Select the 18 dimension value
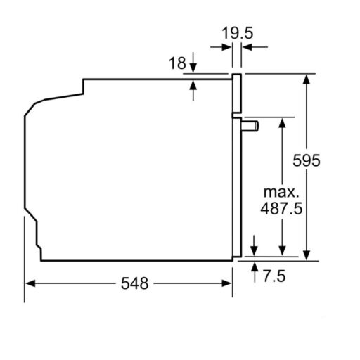pyautogui.click(x=177, y=63)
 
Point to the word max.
pyautogui.click(x=281, y=192)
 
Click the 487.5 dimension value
pyautogui.click(x=282, y=208)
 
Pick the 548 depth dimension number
pyautogui.click(x=135, y=283)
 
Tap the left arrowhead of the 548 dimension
pyautogui.click(x=30, y=283)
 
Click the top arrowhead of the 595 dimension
pyautogui.click(x=307, y=78)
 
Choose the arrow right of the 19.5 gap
pyautogui.click(x=247, y=48)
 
